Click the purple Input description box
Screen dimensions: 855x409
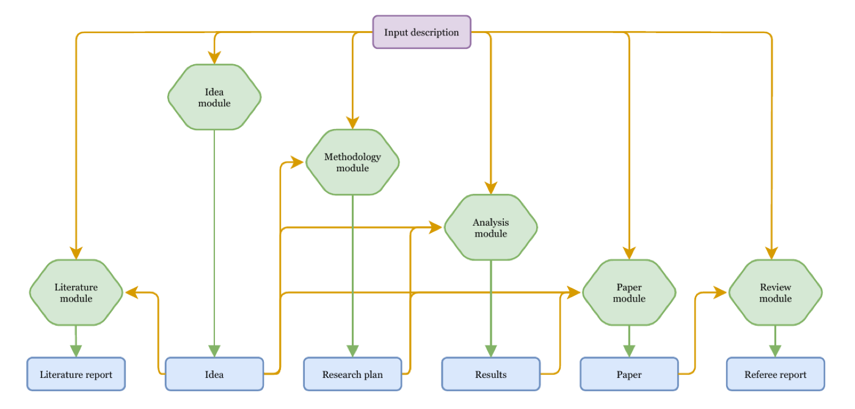click(422, 32)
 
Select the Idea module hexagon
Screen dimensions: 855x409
click(214, 97)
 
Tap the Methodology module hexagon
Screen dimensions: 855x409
click(353, 162)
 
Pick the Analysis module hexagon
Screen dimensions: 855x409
click(491, 227)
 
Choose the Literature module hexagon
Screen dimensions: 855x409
click(76, 292)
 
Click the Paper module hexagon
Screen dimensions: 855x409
click(629, 292)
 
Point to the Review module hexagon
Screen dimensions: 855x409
click(775, 292)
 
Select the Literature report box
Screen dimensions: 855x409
click(76, 374)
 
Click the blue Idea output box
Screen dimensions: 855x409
click(214, 374)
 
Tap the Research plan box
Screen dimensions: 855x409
click(353, 374)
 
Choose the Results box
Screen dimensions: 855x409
click(491, 374)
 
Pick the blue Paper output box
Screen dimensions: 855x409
click(629, 374)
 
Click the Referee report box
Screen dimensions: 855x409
click(775, 374)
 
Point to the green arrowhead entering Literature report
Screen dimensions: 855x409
click(76, 351)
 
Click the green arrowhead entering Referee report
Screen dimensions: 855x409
click(775, 351)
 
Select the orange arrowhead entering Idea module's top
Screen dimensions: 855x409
click(214, 57)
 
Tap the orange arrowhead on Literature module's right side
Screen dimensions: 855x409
click(132, 292)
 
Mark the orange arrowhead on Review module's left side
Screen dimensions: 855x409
click(720, 292)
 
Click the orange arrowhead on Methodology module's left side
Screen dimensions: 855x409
click(297, 162)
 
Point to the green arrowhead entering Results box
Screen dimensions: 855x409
click(491, 351)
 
